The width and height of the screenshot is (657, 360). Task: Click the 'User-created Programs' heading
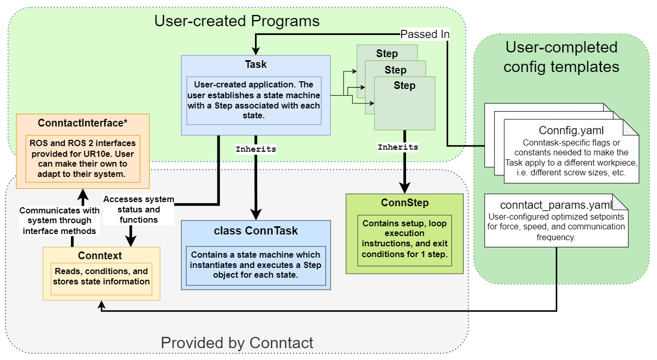tap(237, 21)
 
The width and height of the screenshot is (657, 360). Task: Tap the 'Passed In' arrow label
tap(425, 34)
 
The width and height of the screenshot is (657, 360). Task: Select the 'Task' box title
tap(255, 64)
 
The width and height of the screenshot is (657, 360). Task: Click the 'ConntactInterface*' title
tap(83, 123)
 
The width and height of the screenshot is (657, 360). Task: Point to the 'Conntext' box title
tap(100, 256)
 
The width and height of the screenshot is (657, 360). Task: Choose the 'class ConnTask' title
tap(255, 230)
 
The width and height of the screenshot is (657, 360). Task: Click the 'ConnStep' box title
tap(405, 203)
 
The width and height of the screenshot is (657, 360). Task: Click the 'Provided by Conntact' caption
tap(237, 343)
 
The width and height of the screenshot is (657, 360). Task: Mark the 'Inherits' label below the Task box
tap(255, 149)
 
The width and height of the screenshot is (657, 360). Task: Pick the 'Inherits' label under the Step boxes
tap(398, 147)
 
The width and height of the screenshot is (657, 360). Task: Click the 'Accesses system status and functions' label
tap(139, 209)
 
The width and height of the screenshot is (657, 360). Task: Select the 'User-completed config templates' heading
tap(561, 57)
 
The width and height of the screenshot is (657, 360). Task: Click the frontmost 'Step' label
tap(405, 85)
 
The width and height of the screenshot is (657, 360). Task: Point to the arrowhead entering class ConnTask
tap(255, 215)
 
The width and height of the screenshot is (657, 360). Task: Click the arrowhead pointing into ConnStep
tap(405, 188)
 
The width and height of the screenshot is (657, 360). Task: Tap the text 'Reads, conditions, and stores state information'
tap(101, 276)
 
